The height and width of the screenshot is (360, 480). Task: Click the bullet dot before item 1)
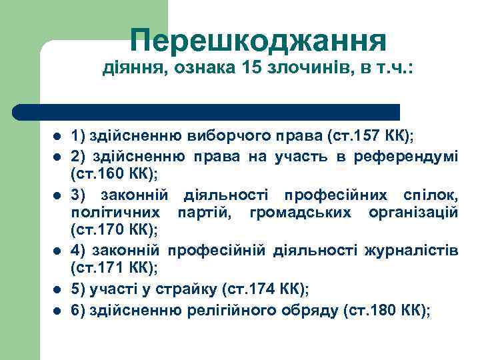(57, 137)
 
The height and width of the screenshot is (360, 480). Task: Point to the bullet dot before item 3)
(57, 195)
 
